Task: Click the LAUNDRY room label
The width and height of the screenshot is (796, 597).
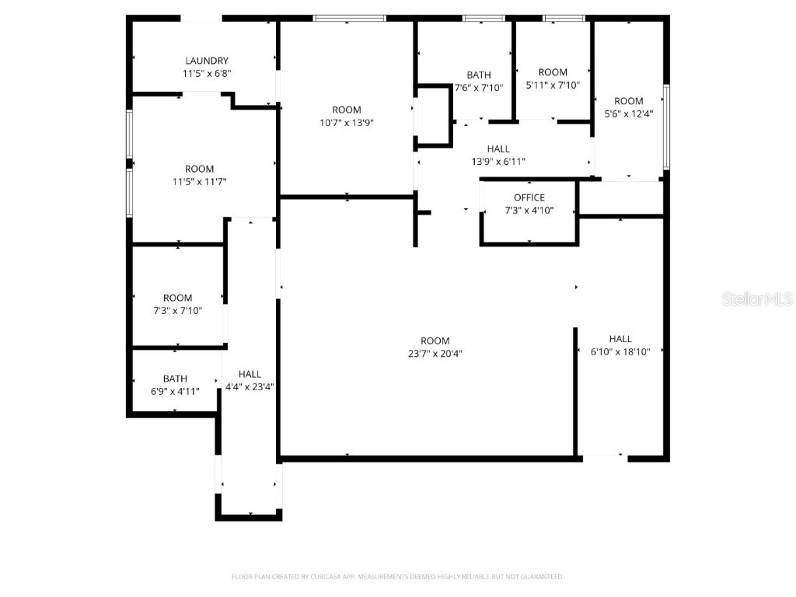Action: (x=206, y=61)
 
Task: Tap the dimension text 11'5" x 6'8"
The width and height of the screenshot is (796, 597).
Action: (x=206, y=73)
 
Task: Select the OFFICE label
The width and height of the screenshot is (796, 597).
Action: (x=529, y=197)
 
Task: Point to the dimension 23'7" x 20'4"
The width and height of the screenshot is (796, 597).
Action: (x=435, y=353)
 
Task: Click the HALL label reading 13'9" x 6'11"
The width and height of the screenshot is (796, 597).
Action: (x=498, y=149)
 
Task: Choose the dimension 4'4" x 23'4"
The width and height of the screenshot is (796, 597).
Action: (x=250, y=386)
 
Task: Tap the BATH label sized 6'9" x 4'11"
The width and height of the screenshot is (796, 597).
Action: (x=175, y=379)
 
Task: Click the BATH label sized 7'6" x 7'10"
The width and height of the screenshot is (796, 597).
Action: (x=479, y=75)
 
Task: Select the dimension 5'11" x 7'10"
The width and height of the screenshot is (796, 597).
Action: (x=553, y=85)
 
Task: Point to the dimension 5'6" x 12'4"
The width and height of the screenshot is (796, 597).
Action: (x=629, y=113)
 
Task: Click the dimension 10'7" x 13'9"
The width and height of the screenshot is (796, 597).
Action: (x=347, y=122)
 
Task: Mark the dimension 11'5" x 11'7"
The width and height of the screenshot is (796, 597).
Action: (x=199, y=181)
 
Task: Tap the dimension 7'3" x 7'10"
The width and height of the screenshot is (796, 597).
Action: (x=177, y=310)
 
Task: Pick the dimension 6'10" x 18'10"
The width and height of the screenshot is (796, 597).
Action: (x=620, y=351)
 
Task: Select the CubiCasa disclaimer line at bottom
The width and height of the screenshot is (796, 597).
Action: (x=397, y=577)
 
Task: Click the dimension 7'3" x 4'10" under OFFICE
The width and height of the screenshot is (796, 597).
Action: (x=529, y=210)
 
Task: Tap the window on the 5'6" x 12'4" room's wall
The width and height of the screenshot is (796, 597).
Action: (x=666, y=127)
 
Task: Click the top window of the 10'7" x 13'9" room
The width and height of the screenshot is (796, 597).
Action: (x=349, y=18)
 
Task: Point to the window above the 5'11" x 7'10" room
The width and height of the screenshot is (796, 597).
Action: (x=564, y=18)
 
